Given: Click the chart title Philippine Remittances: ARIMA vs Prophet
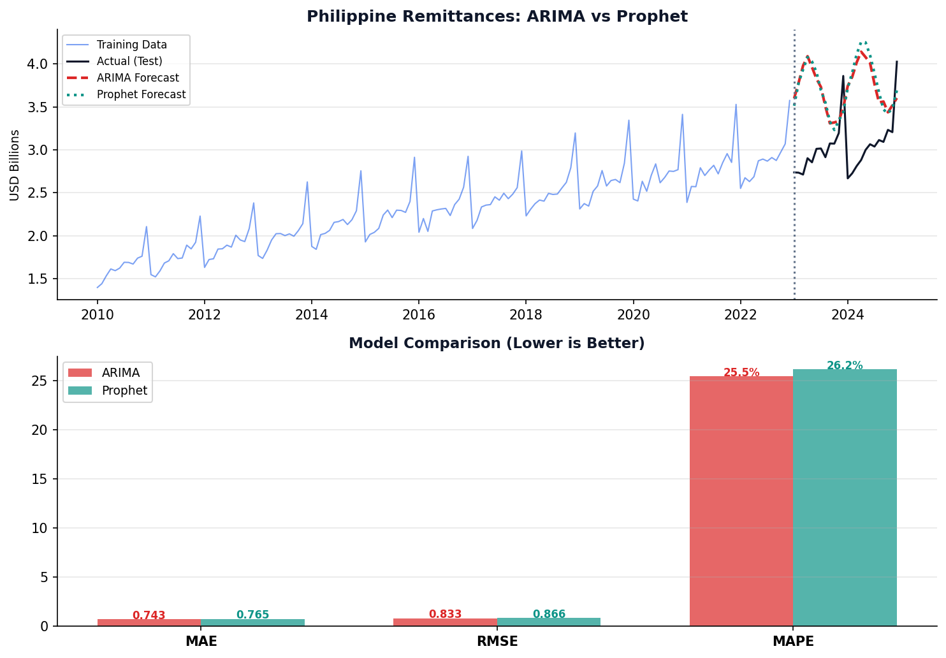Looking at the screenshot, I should (x=497, y=17).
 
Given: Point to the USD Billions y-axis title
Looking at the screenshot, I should (x=15, y=164).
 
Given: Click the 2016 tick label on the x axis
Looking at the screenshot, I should (x=418, y=314).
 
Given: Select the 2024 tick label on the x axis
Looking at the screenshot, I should (x=847, y=314).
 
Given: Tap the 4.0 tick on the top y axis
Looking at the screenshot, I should (x=38, y=64).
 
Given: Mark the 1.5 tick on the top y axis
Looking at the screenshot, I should (x=38, y=279).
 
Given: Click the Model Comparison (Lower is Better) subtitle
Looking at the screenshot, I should (x=497, y=344).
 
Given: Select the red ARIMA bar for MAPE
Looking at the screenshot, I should (x=741, y=501).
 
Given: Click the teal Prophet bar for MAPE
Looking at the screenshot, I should (x=845, y=497).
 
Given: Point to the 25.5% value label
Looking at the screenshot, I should (x=741, y=373).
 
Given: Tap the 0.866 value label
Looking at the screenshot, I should (x=549, y=614).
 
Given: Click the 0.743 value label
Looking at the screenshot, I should (x=149, y=615).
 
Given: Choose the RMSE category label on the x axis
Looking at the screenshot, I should (x=497, y=641).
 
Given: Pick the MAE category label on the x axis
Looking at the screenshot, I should (x=201, y=641).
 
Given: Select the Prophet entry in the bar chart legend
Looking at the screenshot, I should (x=124, y=390).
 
